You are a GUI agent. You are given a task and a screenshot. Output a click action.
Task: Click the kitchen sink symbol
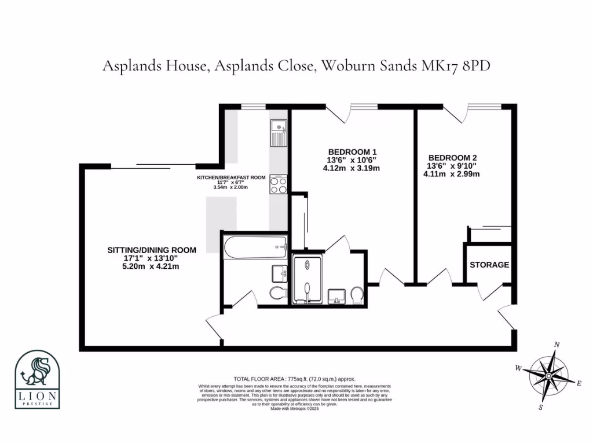[278, 132]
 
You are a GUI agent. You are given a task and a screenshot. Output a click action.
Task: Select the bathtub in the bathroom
[255, 247]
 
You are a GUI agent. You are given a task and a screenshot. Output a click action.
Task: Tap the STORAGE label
[489, 265]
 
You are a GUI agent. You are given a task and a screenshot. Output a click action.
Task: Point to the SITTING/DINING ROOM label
[152, 250]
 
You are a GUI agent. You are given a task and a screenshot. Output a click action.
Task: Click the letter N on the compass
[557, 345]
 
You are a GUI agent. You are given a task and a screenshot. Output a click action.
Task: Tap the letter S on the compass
[540, 407]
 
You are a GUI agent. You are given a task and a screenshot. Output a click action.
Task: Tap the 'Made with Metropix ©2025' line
[295, 409]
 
